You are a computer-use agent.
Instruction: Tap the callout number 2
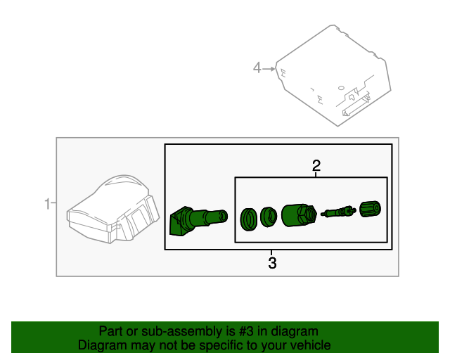point(316,166)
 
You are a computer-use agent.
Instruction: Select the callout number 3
point(272,264)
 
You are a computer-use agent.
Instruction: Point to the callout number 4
point(257,67)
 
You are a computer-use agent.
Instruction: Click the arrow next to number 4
point(268,67)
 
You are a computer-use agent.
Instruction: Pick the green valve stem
point(198,219)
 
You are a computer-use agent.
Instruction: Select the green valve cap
point(370,210)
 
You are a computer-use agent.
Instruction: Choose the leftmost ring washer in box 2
point(248,219)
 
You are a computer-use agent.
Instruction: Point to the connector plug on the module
point(356,105)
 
